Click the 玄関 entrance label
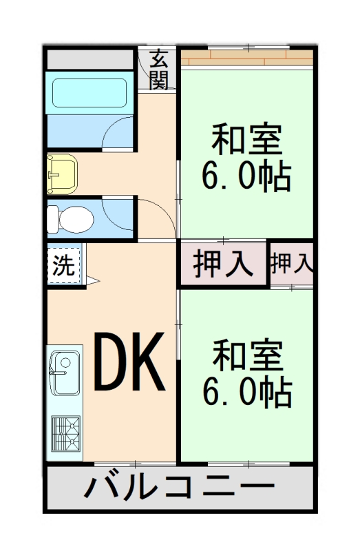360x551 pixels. click(x=159, y=70)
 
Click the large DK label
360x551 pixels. click(x=129, y=362)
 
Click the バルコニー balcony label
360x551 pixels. click(x=180, y=489)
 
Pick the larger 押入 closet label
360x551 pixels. click(x=222, y=264)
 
